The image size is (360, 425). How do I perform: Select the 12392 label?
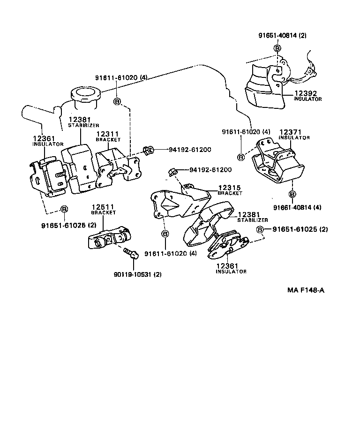tap(304, 93)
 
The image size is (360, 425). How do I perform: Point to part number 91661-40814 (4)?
tap(297, 207)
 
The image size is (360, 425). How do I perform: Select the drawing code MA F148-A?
tap(306, 290)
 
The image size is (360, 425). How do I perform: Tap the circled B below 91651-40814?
tap(277, 48)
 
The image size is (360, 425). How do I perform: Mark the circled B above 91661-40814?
tap(292, 194)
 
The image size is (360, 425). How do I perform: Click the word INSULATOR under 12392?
tap(308, 99)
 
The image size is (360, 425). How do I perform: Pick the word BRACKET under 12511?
tap(103, 213)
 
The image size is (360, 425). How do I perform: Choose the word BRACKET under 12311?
tap(108, 140)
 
